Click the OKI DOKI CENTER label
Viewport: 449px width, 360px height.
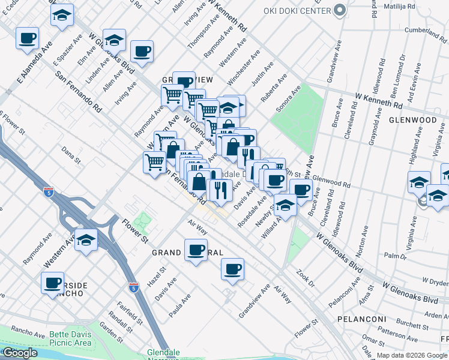point(297,10)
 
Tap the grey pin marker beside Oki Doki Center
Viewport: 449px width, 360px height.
point(340,10)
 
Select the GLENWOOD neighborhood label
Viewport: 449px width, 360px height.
point(412,120)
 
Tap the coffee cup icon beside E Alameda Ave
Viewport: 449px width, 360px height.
point(27,40)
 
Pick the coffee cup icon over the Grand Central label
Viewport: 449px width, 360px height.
point(196,250)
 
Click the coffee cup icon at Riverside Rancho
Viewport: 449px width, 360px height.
point(52,283)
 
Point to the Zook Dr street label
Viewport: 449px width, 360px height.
point(306,277)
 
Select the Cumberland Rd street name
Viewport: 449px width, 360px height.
point(426,30)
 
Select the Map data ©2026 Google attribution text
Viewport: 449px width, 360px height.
point(412,355)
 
